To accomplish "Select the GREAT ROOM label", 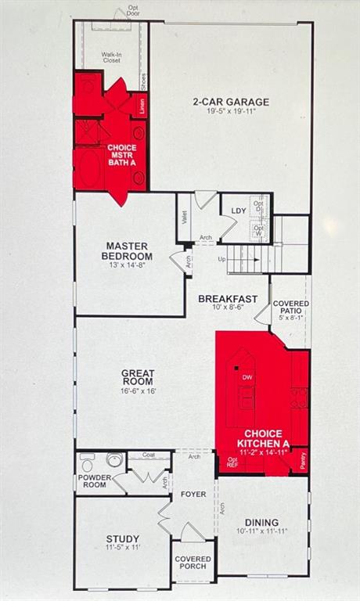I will coord(138,379).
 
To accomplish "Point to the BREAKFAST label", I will coord(228,299).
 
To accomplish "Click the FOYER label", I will coord(193,494).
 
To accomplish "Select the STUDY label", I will coord(123,538).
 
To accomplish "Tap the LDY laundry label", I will coord(238,211).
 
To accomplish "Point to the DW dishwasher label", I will coord(247,377).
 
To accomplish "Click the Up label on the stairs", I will coord(221,258).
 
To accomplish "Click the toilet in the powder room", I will coord(87,461).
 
